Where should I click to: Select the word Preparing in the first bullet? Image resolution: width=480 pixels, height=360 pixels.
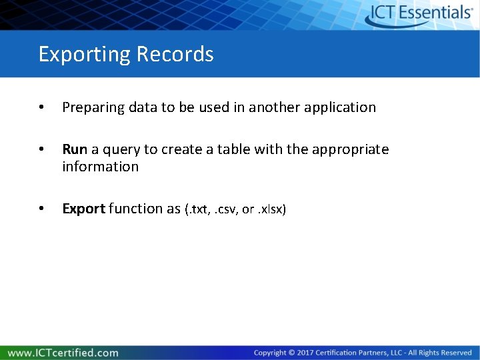click(90, 107)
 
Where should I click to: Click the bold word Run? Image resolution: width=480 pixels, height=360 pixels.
click(75, 149)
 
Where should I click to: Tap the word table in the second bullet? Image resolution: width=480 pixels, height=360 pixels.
click(234, 149)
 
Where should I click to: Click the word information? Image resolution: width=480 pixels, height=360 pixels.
click(100, 167)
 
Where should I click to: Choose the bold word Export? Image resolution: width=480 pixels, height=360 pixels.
click(83, 209)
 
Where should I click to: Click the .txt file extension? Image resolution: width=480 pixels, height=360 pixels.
click(197, 209)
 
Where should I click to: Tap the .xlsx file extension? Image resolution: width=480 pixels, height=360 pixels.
click(271, 209)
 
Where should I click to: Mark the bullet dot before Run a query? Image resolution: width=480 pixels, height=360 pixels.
click(42, 150)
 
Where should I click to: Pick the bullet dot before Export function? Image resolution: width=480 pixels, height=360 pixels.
click(42, 209)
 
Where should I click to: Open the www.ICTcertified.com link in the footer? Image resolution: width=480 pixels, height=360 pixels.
click(63, 353)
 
